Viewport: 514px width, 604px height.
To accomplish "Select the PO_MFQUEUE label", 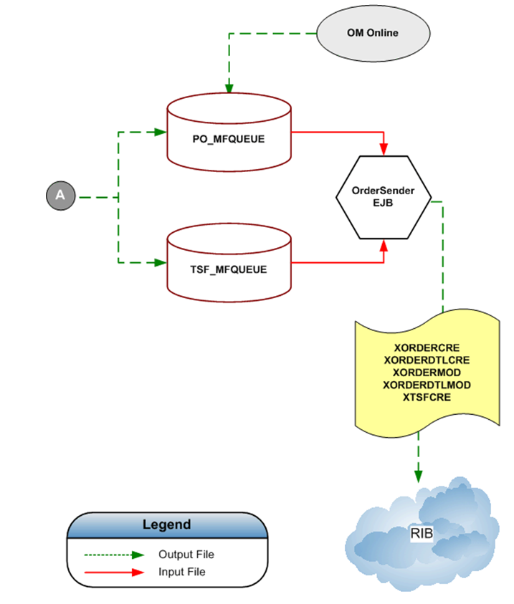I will pyautogui.click(x=228, y=139).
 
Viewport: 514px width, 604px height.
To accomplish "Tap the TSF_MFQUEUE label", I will pyautogui.click(x=228, y=269).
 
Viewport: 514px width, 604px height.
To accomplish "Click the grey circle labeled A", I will pyautogui.click(x=60, y=195).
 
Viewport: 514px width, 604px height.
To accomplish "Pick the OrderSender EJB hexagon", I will pyautogui.click(x=384, y=197).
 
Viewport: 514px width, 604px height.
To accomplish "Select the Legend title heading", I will pyautogui.click(x=167, y=524).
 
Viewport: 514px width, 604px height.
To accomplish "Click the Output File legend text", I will pyautogui.click(x=186, y=555).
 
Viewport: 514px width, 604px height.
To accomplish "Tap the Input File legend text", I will pyautogui.click(x=182, y=572).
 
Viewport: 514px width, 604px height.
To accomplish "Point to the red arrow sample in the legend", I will pyautogui.click(x=115, y=572).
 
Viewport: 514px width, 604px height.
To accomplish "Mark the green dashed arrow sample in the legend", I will pyautogui.click(x=115, y=555).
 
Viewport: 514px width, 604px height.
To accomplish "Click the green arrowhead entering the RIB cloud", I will pyautogui.click(x=418, y=476).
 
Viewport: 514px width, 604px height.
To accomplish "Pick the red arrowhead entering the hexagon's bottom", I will pyautogui.click(x=384, y=246).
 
